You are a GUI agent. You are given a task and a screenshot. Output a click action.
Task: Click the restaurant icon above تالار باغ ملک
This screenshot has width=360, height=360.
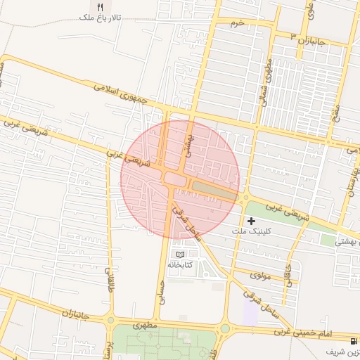101,6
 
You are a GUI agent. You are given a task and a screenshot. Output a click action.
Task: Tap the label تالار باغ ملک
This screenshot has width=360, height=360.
101,17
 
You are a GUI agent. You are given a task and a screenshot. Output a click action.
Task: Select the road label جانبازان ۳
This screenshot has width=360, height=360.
307,39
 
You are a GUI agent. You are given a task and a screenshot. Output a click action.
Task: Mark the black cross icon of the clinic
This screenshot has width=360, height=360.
251,221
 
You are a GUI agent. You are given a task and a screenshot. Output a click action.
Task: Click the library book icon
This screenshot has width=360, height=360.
179,254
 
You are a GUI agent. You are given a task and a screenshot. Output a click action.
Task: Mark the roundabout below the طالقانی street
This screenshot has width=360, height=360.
110,321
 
